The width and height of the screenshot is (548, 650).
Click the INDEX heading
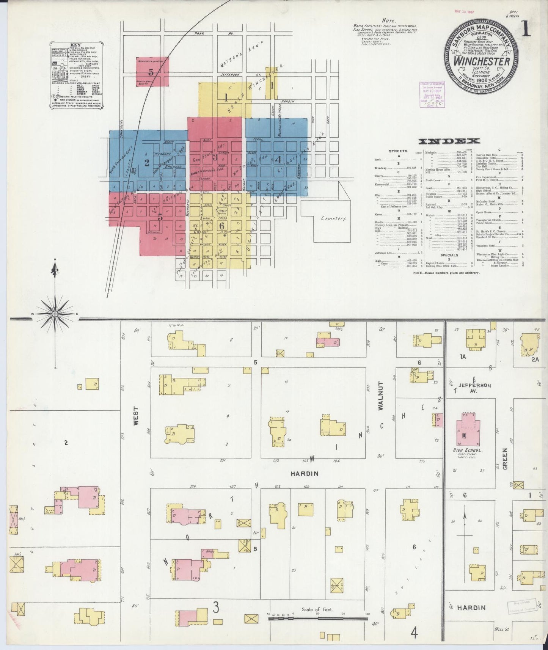(x=449, y=141)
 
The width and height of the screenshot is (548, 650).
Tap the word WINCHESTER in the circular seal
(x=482, y=61)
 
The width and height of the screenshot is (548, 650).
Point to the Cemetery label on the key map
(x=333, y=218)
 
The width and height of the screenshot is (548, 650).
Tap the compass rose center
(x=55, y=314)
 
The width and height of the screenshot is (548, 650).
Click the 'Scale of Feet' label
(x=317, y=609)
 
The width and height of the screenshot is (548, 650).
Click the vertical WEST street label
(x=136, y=417)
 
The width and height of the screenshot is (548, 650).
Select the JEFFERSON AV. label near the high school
(x=474, y=388)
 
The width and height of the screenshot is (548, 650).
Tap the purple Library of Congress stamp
(x=432, y=92)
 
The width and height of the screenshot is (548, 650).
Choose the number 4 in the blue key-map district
(x=278, y=159)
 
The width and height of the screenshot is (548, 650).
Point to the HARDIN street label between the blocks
(x=304, y=473)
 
